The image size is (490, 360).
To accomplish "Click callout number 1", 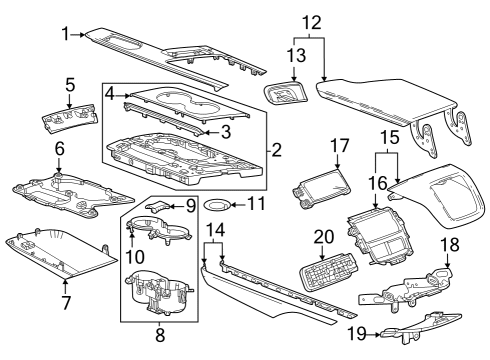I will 65,34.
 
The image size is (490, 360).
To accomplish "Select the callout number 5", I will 70,84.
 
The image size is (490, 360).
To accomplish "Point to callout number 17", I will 338,145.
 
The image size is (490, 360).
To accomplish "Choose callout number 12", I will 312,20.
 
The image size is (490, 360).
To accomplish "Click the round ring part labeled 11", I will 215,208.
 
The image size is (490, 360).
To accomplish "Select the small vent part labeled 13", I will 287,95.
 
